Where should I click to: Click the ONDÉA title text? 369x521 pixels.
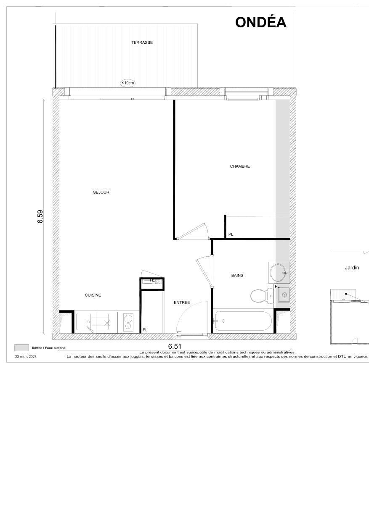click(261, 22)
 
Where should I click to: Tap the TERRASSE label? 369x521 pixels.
click(142, 42)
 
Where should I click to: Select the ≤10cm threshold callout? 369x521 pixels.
click(128, 83)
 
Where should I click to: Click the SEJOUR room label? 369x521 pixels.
click(101, 192)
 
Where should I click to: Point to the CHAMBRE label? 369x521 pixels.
click(240, 166)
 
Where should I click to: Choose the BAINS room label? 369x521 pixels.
click(237, 276)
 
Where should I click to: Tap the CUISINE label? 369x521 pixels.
click(93, 295)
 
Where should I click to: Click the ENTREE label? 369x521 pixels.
click(182, 303)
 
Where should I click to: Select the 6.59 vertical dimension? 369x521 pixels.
click(40, 216)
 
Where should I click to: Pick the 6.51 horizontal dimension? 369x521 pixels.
click(175, 346)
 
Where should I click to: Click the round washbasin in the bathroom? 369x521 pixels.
click(279, 272)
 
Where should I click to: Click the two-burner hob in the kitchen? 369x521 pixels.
click(127, 322)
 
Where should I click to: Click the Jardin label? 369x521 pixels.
click(352, 268)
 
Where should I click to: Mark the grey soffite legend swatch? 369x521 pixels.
click(21, 347)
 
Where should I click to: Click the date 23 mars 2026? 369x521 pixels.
click(26, 356)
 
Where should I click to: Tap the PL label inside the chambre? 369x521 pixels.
click(230, 234)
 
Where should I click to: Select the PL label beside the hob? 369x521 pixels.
click(145, 330)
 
